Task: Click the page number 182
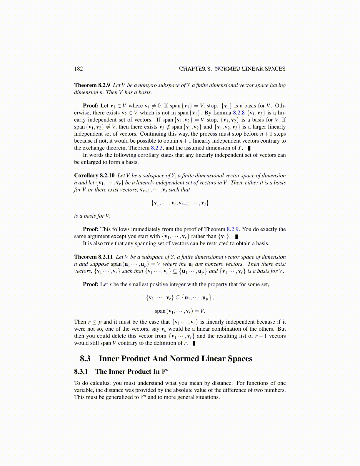[x=79, y=69]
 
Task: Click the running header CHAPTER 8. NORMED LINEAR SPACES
[x=232, y=69]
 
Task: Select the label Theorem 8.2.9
[x=92, y=85]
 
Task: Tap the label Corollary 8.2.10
[x=94, y=176]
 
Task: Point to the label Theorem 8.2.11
[x=94, y=257]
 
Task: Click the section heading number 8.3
[x=85, y=359]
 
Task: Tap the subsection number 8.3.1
[x=81, y=372]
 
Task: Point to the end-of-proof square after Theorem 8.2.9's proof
[x=249, y=148]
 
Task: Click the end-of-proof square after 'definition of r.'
[x=194, y=343]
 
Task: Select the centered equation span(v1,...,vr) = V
[x=180, y=311]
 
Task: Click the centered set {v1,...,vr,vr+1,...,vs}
[x=180, y=203]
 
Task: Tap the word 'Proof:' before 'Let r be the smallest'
[x=91, y=284]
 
